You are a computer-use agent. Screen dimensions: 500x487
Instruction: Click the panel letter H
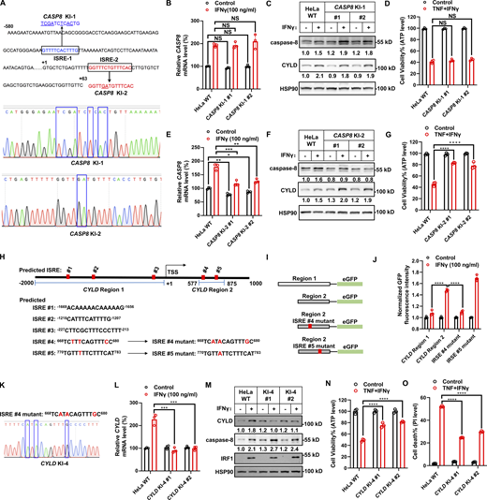point(7,259)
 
